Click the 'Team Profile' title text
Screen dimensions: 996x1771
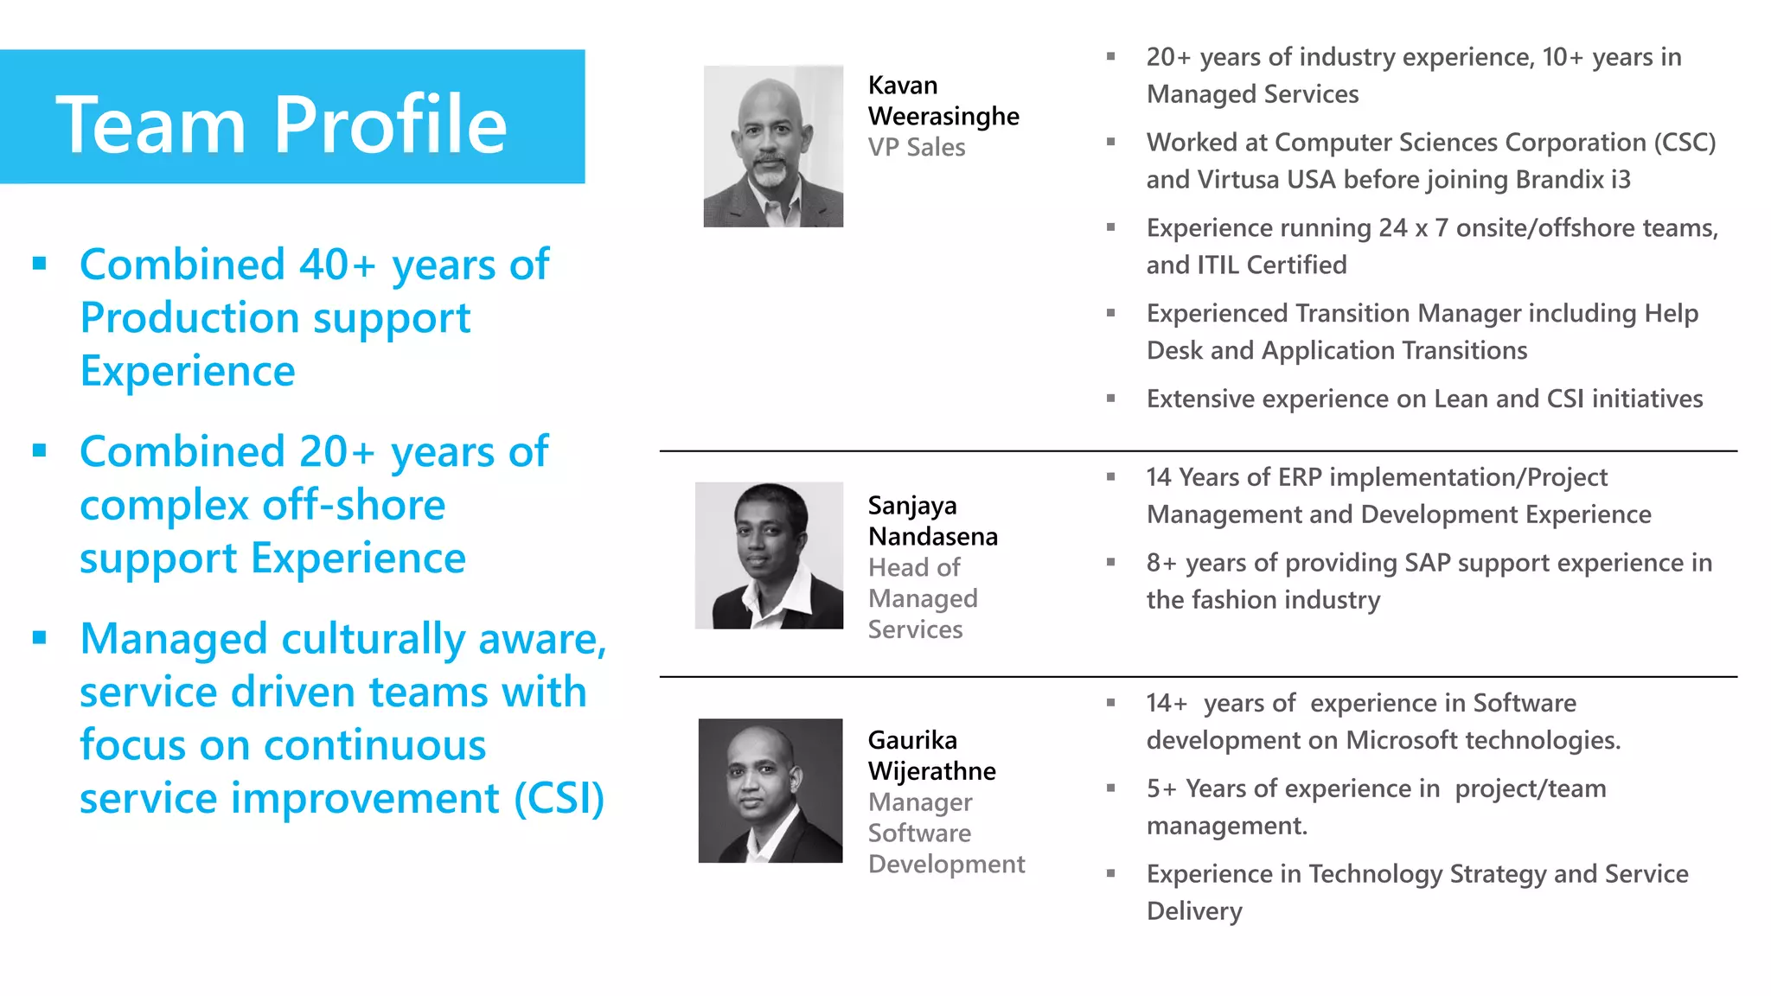(281, 124)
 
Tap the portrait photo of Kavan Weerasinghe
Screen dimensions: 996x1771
(773, 146)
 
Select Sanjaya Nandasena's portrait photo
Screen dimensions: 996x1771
(769, 555)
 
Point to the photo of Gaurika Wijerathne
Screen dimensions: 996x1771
(770, 790)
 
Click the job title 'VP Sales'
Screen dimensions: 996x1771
(917, 147)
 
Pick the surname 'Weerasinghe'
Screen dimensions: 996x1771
(943, 116)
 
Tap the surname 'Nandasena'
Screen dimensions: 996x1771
(933, 536)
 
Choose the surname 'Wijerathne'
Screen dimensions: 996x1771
(932, 770)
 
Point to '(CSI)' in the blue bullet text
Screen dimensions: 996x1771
(559, 798)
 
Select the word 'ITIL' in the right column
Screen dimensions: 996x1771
(1221, 265)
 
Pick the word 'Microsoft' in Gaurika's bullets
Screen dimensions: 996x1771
(1402, 740)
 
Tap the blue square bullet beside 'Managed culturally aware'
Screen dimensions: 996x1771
(39, 638)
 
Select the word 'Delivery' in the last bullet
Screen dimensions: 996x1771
(1194, 911)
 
